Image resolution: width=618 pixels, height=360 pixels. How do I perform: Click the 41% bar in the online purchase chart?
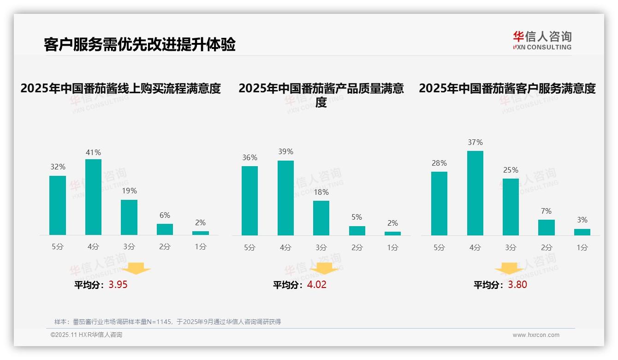pos(93,197)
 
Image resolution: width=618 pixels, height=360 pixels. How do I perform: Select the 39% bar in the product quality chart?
pos(285,198)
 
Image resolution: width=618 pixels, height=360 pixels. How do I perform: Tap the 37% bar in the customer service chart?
pos(475,193)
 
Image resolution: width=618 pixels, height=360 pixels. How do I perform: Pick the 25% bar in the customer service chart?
pos(511,207)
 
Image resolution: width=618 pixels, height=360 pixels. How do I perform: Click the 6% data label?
pos(165,215)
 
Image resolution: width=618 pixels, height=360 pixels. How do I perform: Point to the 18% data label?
pos(321,192)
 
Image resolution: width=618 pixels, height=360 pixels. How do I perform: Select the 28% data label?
pos(439,163)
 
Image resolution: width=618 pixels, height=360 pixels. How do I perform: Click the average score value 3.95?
pos(118,285)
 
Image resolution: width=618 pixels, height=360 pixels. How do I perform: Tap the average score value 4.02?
pos(317,285)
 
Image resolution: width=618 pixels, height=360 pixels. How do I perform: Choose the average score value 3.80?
pos(517,285)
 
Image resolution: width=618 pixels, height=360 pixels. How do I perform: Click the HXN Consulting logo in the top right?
pos(542,40)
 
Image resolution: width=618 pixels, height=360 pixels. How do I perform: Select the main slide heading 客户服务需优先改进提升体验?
pos(140,45)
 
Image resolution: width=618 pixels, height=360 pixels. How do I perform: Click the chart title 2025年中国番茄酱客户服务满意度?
pos(507,88)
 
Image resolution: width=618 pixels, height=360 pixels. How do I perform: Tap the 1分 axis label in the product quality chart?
pos(392,247)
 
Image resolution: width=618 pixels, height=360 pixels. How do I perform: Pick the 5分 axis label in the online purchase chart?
pos(58,246)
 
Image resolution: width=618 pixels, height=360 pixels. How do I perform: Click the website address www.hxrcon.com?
pos(536,335)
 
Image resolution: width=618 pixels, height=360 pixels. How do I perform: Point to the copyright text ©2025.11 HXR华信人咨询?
pos(86,335)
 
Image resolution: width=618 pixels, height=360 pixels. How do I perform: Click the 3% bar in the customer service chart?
pos(582,232)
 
